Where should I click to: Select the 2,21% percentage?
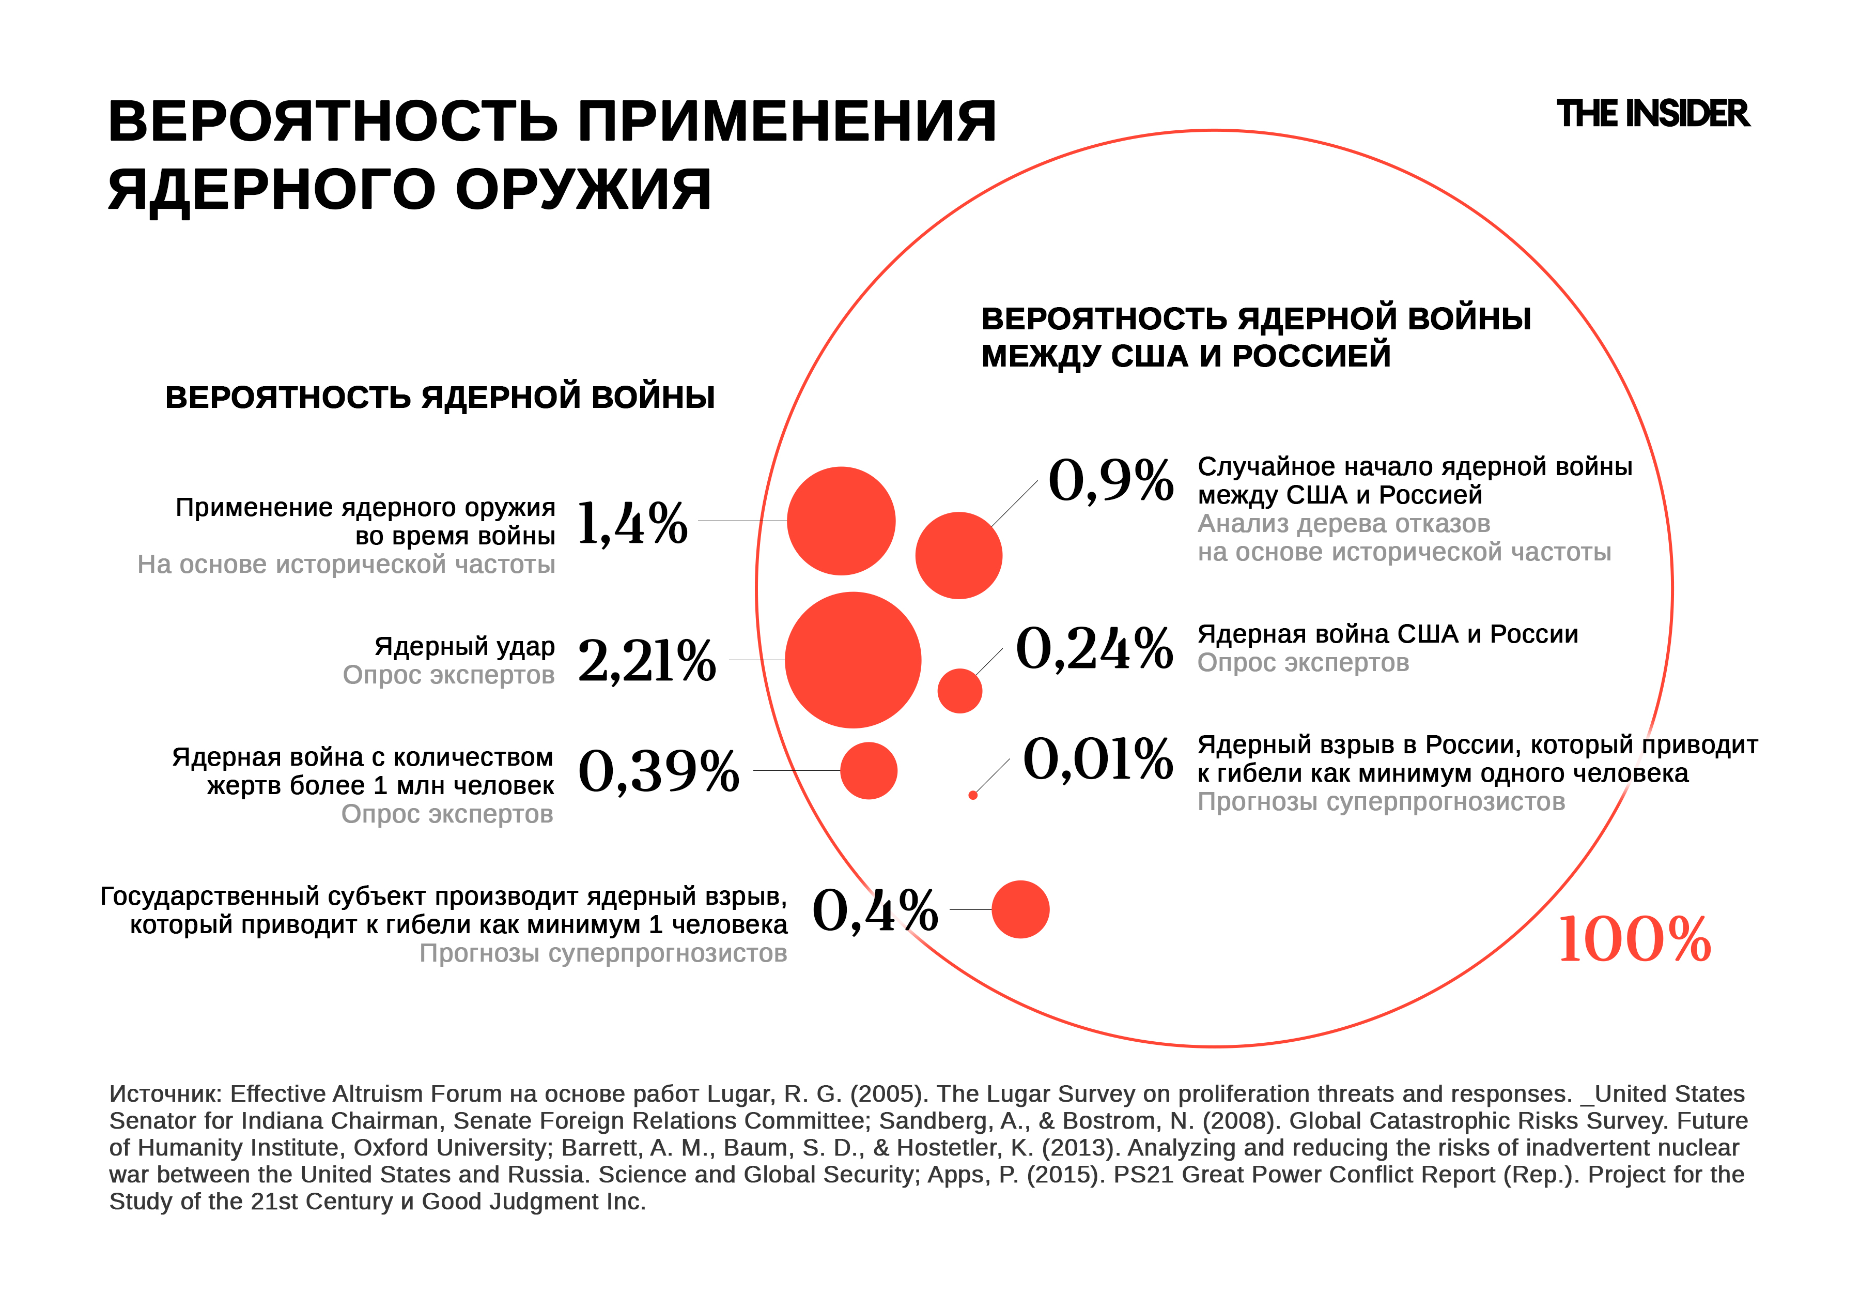[646, 661]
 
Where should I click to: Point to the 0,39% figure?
[658, 771]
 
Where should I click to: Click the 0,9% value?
[1110, 480]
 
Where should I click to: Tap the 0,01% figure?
[1098, 759]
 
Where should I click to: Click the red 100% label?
[1634, 940]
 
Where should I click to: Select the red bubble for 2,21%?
[853, 660]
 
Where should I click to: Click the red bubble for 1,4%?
[841, 521]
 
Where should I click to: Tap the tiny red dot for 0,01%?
[973, 795]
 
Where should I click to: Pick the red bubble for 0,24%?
[960, 691]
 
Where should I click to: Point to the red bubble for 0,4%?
[1020, 909]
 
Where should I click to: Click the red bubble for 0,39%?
[869, 771]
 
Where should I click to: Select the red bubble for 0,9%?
[958, 555]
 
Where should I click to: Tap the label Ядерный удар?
[464, 647]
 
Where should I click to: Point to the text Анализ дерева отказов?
[1343, 524]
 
